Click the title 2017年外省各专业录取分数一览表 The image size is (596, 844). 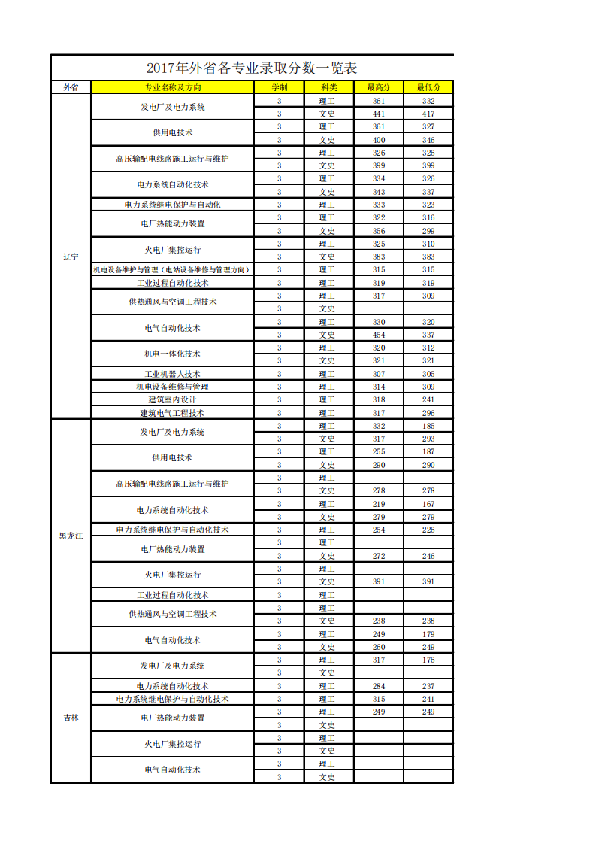[252, 68]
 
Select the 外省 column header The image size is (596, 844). [71, 87]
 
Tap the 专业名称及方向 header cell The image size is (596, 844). [172, 87]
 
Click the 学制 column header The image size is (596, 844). [279, 87]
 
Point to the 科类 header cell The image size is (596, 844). [328, 87]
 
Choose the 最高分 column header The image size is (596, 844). [378, 87]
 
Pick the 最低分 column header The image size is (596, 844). [428, 87]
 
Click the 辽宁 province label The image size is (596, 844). [71, 257]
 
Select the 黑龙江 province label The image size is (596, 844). [71, 536]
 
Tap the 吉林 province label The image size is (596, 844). [71, 718]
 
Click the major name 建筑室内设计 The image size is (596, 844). [172, 399]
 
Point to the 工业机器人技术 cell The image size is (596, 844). [172, 374]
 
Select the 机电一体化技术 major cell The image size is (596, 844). [172, 354]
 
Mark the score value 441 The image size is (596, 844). [378, 114]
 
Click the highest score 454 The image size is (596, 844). [378, 335]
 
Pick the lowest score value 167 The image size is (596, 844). [428, 504]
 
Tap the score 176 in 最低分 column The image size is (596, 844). [428, 660]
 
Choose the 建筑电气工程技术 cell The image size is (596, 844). [172, 413]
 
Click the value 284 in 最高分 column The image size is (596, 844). [378, 686]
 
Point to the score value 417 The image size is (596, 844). [428, 114]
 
